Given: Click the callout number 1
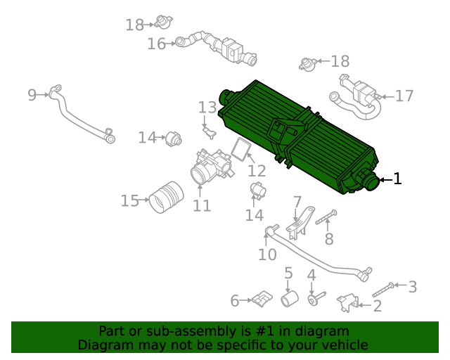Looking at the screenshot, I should click(397, 179).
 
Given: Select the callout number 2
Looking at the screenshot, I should click(377, 305).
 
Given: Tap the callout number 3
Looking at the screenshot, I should click(412, 286).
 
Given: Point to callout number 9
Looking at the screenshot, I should click(32, 94).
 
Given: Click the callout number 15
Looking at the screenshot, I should click(130, 201).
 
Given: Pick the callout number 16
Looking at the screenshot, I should click(156, 44).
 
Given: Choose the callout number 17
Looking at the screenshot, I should click(404, 96).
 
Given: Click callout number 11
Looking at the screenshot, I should click(202, 205).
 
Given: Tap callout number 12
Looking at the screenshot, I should click(257, 170).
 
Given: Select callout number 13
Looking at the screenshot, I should click(207, 108).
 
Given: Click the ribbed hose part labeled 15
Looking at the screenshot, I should click(166, 197).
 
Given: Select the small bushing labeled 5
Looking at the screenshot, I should click(289, 300).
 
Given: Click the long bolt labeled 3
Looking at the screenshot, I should click(380, 289).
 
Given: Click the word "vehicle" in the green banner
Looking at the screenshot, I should click(343, 345).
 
